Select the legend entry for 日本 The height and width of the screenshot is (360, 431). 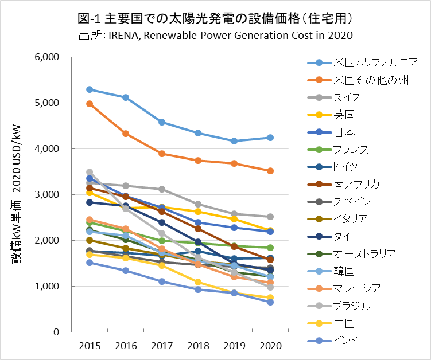344,132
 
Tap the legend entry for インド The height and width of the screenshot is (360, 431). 345,341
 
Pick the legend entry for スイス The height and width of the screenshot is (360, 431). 347,97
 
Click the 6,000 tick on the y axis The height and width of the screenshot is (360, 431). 47,57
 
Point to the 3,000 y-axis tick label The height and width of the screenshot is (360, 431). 47,195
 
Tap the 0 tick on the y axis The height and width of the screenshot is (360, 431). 56,332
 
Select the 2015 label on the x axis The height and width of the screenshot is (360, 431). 90,345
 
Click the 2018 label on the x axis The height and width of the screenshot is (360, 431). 197,345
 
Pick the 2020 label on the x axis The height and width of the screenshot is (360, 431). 270,345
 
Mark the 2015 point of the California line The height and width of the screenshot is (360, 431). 90,89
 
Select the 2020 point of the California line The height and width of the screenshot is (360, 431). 270,138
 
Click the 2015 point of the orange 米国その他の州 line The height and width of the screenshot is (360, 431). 90,104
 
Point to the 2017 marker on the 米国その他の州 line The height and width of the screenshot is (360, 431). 162,154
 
